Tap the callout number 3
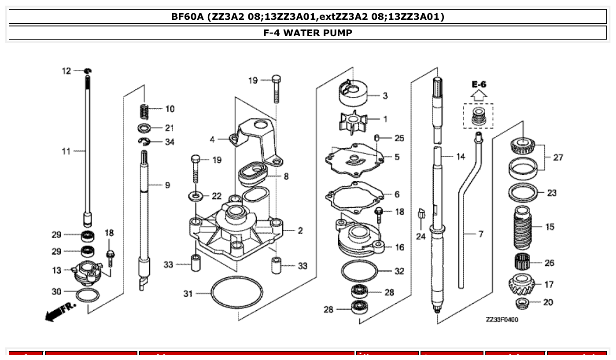point(385,96)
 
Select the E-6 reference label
point(478,84)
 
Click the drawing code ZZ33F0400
point(502,320)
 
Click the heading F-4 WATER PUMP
point(308,33)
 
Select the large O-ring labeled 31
point(237,292)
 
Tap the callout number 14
point(460,156)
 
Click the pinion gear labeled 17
point(522,285)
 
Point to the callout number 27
point(557,157)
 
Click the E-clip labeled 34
point(144,142)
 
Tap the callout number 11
point(66,151)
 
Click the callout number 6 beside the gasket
point(397,194)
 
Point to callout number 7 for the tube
point(480,234)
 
